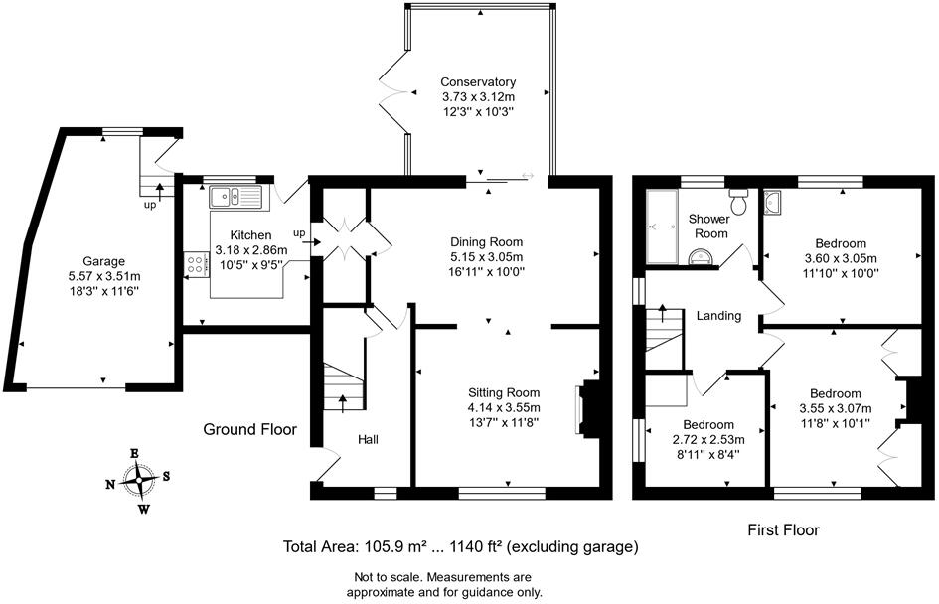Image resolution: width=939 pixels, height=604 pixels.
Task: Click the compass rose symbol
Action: (142, 480)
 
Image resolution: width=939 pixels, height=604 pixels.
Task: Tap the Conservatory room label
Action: (478, 82)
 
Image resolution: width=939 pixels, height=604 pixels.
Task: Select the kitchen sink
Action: (234, 196)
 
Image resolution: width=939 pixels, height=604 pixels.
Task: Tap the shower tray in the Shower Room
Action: (660, 227)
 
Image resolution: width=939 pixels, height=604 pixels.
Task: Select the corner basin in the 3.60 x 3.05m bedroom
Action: (776, 204)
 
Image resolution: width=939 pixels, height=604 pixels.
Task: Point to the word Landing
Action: (718, 316)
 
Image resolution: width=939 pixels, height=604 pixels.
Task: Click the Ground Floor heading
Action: (250, 430)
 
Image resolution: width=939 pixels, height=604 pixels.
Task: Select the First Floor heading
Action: (784, 530)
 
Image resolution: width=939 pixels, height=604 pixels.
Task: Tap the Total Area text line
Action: (460, 547)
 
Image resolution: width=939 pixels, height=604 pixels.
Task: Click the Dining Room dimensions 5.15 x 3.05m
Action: (486, 256)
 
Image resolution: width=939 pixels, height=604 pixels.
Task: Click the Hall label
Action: (369, 439)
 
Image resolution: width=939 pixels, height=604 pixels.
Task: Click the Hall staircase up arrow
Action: (344, 401)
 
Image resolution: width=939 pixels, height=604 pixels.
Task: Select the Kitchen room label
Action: (236, 236)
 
